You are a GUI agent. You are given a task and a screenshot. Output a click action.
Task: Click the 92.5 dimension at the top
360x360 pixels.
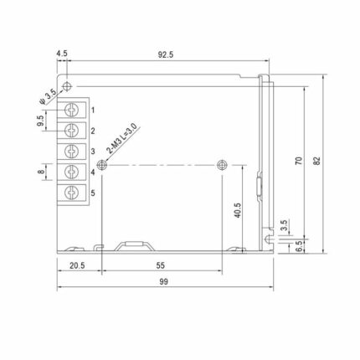166,54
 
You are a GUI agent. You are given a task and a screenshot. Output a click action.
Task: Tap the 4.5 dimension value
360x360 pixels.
62,54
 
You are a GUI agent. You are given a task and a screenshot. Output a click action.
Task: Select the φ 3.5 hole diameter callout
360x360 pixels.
49,97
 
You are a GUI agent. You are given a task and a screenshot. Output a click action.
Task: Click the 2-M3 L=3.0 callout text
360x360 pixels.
122,139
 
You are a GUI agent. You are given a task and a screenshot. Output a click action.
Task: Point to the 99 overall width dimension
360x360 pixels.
164,282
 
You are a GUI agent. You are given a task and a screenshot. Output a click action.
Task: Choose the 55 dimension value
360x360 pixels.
161,265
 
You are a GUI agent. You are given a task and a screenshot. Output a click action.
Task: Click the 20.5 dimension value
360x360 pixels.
77,265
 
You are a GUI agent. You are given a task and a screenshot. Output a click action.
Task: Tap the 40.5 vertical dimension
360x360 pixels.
238,210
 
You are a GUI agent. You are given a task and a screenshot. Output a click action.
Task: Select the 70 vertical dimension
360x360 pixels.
299,161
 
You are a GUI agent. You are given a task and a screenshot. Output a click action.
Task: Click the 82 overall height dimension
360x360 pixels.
317,161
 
